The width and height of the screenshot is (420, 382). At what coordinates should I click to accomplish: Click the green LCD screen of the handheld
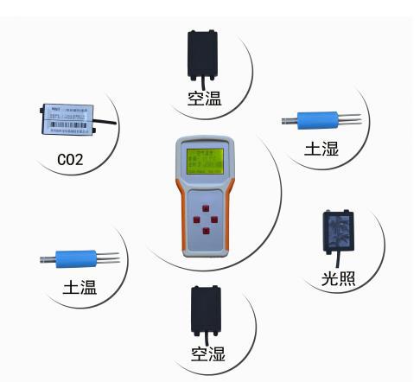pos(207,161)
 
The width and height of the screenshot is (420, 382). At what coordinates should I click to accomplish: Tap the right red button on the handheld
pos(220,220)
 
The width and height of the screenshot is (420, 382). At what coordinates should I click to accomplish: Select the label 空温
pos(205,99)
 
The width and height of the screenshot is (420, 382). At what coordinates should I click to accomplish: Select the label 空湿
pos(207,352)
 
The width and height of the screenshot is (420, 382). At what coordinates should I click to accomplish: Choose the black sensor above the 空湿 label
pos(207,309)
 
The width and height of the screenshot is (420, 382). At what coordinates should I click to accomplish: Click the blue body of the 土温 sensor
pos(75,258)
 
